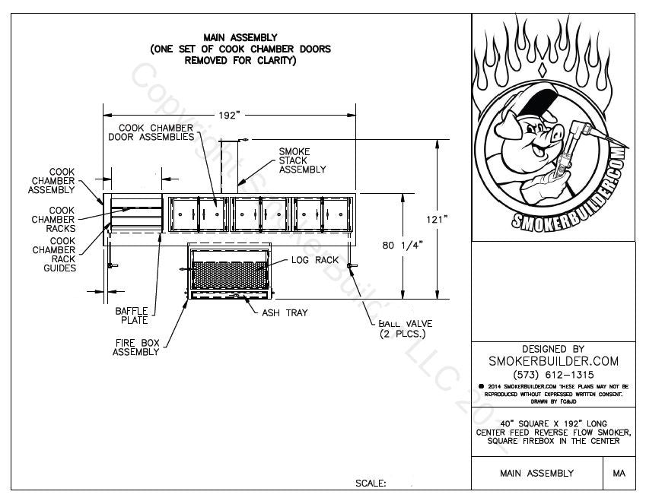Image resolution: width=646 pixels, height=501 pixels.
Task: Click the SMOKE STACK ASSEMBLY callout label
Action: (x=302, y=160)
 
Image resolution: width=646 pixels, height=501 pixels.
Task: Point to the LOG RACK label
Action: (x=310, y=260)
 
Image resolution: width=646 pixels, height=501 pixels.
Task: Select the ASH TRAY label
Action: (x=285, y=312)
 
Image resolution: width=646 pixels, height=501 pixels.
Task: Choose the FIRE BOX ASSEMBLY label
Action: (x=136, y=347)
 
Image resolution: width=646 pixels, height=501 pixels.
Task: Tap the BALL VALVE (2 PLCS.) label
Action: (x=403, y=329)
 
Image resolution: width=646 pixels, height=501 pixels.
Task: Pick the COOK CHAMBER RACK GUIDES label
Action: (x=53, y=254)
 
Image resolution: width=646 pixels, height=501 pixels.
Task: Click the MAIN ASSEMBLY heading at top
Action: (x=240, y=36)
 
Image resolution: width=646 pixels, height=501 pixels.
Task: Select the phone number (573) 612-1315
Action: (x=553, y=375)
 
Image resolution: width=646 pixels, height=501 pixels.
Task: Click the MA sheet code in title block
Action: (x=619, y=474)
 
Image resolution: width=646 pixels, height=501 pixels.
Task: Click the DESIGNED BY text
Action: (x=553, y=348)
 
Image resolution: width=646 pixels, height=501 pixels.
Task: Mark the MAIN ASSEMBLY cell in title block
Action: (x=536, y=474)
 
